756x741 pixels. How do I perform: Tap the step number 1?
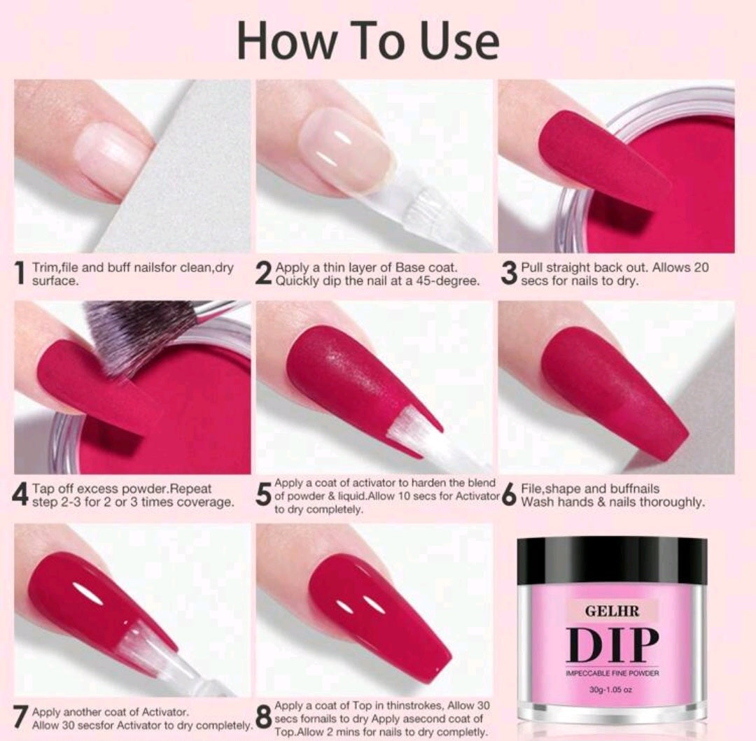pos(20,273)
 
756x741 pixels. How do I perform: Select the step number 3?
pos(509,273)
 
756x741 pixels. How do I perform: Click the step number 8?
pos(264,718)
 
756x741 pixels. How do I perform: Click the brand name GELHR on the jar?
pos(612,611)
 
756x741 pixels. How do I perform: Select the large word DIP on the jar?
pos(612,644)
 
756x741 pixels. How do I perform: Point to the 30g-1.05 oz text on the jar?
pos(612,690)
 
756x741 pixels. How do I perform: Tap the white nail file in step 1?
pos(178,169)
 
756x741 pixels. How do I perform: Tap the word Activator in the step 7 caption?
pos(165,712)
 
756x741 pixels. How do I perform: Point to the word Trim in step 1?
pos(43,267)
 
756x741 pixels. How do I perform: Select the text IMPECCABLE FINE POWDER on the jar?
pos(612,673)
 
